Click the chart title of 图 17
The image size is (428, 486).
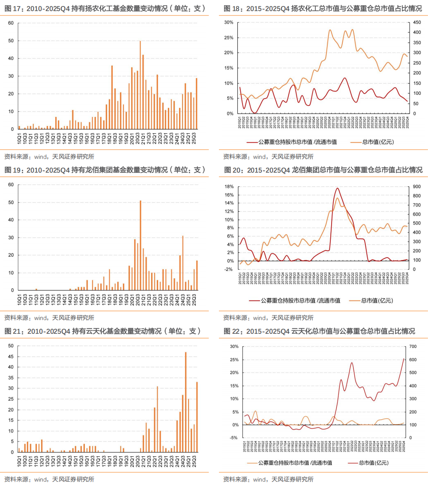(x=105, y=9)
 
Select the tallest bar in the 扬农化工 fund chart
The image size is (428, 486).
(x=140, y=85)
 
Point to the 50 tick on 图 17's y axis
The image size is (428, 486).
(x=11, y=41)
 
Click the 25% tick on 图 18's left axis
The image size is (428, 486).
(x=230, y=38)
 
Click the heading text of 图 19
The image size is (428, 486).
(x=105, y=170)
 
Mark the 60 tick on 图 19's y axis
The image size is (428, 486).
(x=11, y=185)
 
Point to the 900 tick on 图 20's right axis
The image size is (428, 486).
(x=417, y=187)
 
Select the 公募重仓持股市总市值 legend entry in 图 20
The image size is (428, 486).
(x=300, y=301)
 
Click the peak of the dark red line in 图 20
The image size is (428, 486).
(x=338, y=188)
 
